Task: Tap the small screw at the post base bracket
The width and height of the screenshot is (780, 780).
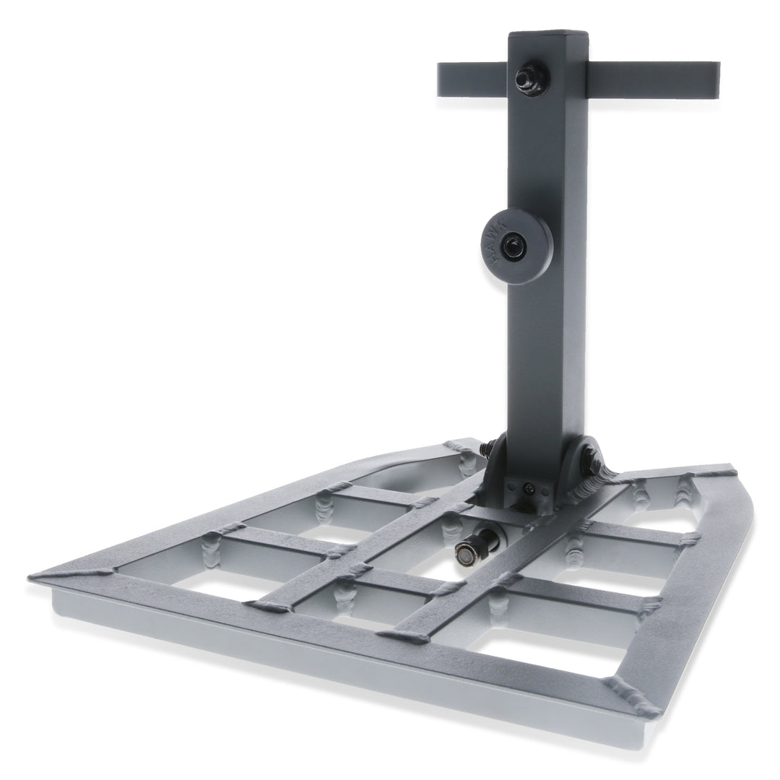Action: (x=531, y=490)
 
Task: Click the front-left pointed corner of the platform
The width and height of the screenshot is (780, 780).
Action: (x=36, y=578)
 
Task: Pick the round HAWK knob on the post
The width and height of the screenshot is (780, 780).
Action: (x=516, y=245)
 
